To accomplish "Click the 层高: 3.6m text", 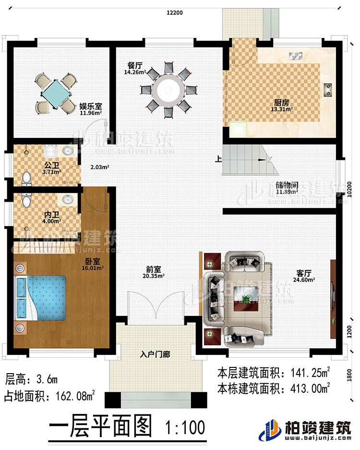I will tap(31, 380).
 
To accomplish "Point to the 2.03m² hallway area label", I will tap(100, 168).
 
